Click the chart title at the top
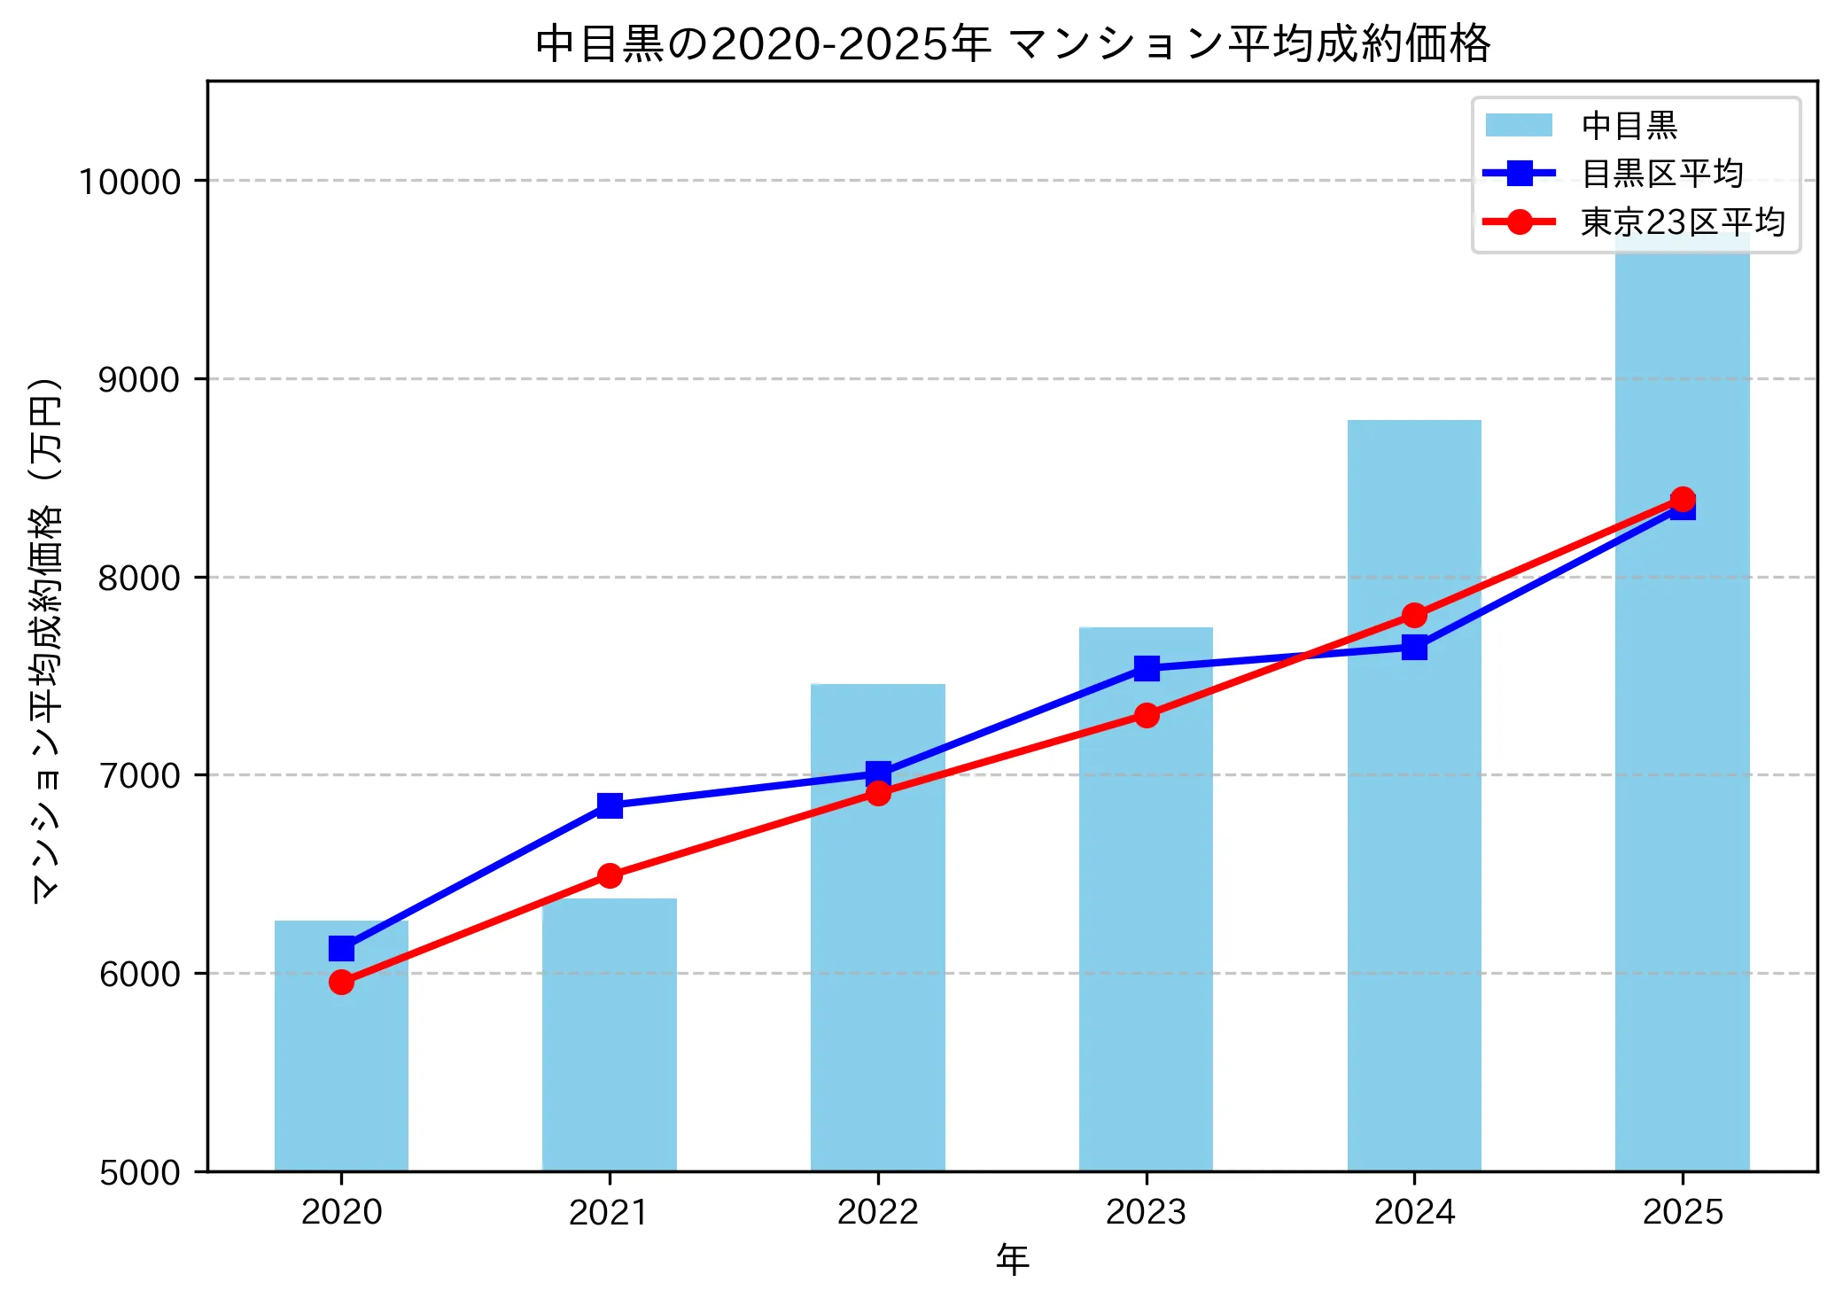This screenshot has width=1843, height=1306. pos(1012,44)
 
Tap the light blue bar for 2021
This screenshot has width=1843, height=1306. pos(610,1046)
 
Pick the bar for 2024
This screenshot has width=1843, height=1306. pos(1414,886)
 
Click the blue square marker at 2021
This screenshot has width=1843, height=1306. pos(610,805)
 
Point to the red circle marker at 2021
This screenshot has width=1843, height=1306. pos(610,875)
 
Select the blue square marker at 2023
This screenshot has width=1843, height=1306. pos(1147,668)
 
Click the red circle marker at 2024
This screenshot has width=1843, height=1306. pos(1414,615)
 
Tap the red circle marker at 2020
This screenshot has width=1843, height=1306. pos(341,982)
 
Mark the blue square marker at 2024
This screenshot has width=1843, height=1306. pos(1414,648)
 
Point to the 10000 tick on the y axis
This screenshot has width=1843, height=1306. pos(130,182)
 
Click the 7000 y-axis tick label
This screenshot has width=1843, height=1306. pos(139,776)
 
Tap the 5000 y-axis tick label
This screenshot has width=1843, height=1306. pos(139,1173)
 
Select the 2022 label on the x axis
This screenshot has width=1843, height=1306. pos(877,1212)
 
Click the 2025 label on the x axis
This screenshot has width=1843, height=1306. pos(1682,1212)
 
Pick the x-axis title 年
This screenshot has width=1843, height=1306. pos(1012,1259)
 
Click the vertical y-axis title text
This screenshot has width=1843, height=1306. pos(46,638)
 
